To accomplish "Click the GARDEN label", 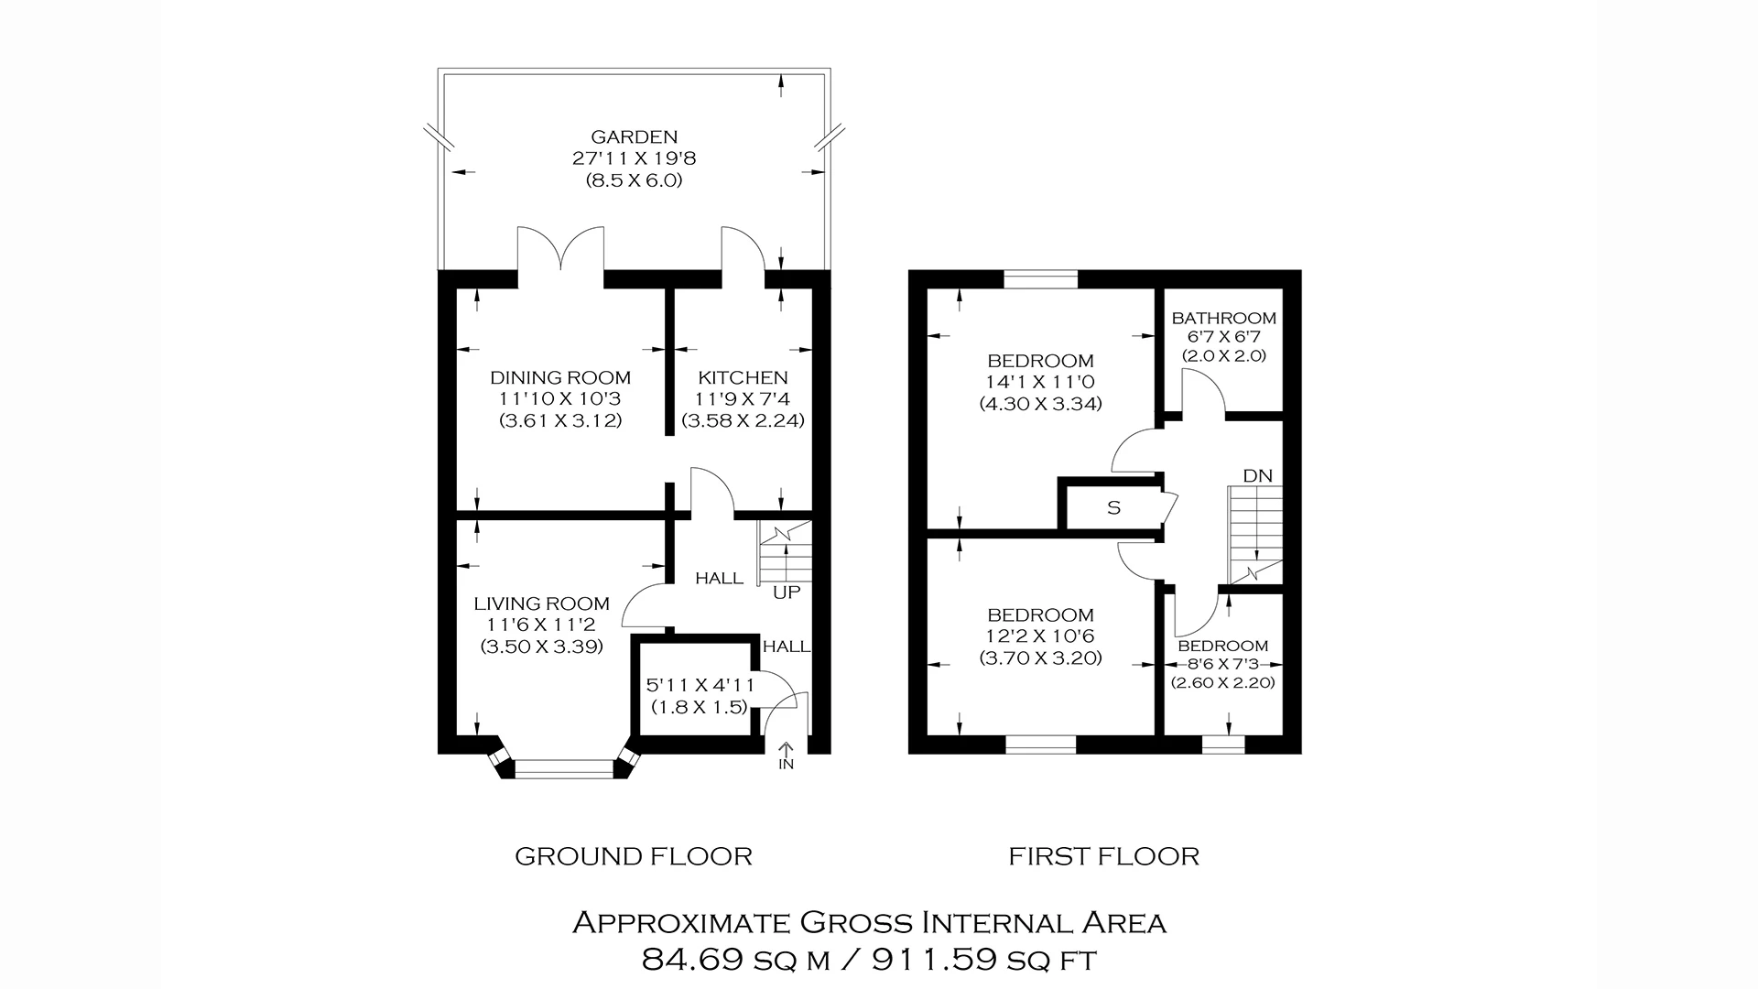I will pos(634,136).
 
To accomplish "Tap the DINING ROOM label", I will pos(560,377).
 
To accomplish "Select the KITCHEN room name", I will pos(743,377).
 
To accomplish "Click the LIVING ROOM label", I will pos(541,603).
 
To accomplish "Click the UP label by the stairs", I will pos(787,592).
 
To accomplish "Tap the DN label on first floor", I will pos(1257,476).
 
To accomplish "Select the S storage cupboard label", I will pos(1113,508).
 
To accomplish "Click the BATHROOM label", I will pos(1223,319).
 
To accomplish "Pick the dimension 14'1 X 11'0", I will pos(1040,382).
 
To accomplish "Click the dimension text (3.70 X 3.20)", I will pos(1040,658).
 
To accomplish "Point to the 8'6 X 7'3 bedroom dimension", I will pos(1222,664).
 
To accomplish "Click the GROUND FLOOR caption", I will pos(634,857).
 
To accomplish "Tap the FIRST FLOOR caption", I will pos(1103,857).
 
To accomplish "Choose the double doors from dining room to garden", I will pos(561,252).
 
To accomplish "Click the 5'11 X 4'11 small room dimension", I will pos(700,685).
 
